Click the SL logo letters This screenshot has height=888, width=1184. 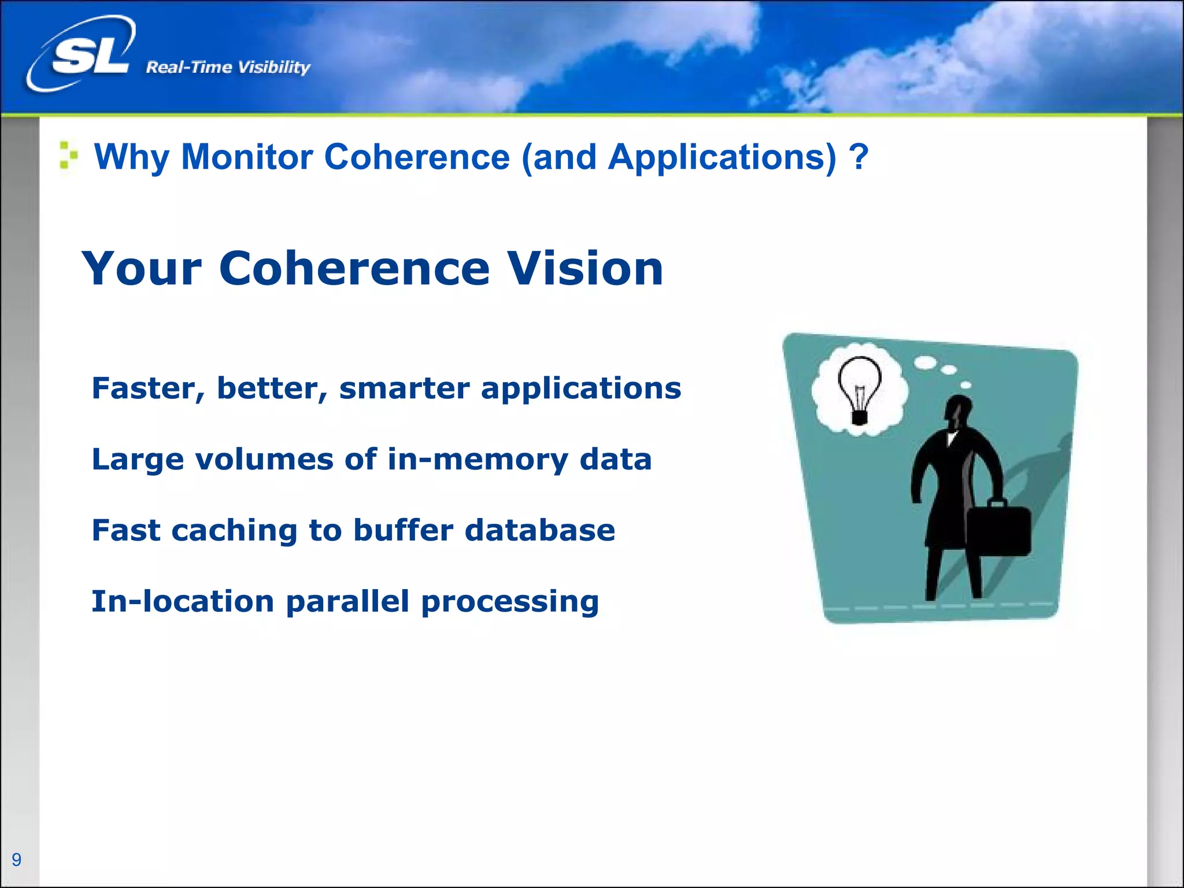point(90,57)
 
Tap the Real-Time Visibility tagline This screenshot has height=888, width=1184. point(228,68)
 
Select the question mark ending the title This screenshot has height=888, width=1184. point(859,157)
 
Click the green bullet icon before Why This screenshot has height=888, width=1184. point(68,155)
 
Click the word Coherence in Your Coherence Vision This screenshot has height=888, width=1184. point(354,269)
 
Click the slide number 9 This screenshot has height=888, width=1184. point(17,860)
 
